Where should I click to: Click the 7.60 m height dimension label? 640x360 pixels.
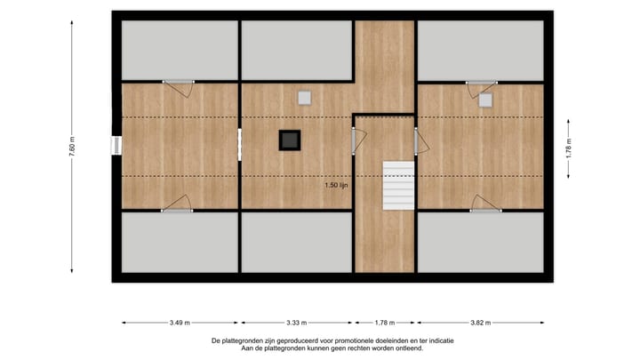point(72,147)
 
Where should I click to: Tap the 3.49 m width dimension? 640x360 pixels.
point(179,322)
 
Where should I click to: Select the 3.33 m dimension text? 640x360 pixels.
point(298,322)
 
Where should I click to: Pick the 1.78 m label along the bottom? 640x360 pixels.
point(385,322)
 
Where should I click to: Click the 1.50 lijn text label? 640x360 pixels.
point(336,186)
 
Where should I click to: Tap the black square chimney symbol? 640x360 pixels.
point(290,139)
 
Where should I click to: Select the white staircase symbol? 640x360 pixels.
point(396,185)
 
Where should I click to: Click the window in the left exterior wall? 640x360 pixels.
point(116,146)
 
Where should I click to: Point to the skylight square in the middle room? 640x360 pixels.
point(304,98)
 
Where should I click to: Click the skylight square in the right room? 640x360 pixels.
point(485,100)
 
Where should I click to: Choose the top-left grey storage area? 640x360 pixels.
point(179,50)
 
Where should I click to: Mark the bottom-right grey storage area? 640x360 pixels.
point(480,242)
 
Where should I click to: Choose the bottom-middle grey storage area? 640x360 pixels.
point(297,242)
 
